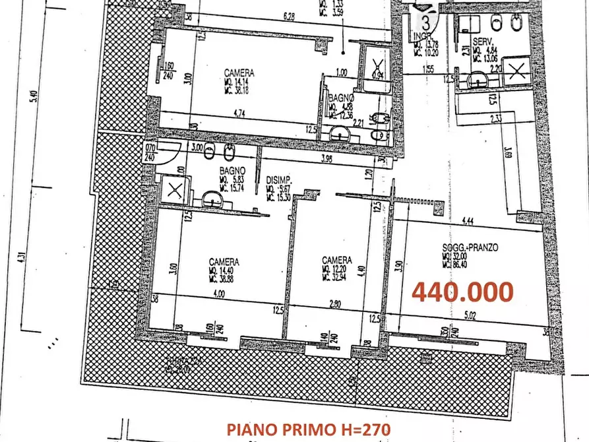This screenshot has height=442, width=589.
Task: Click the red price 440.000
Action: (462, 291)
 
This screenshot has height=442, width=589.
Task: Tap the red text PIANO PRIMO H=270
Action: (308, 429)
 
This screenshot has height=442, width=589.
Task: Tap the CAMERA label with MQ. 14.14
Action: (239, 74)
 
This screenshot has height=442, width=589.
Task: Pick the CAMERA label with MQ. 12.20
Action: (336, 260)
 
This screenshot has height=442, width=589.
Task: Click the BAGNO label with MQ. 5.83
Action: (233, 170)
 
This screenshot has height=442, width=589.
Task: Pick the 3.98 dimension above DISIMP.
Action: (325, 158)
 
